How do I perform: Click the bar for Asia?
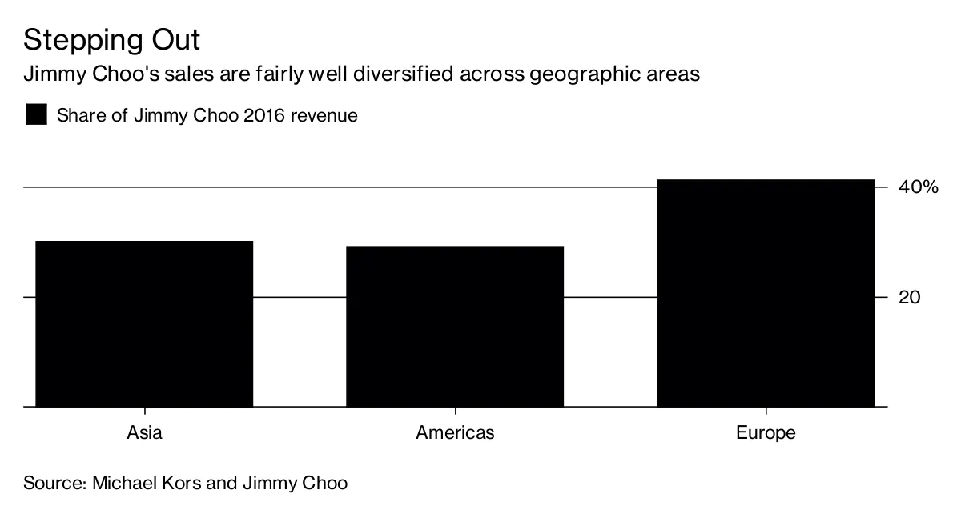point(144,323)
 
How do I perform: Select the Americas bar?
point(455,326)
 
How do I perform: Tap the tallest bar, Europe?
point(765,293)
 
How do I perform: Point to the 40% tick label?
point(917,187)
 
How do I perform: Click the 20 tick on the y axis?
point(910,297)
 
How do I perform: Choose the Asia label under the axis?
point(144,433)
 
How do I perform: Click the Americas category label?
point(455,433)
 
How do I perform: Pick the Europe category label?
point(766,433)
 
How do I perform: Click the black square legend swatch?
point(36,114)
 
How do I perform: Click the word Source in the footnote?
point(52,484)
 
